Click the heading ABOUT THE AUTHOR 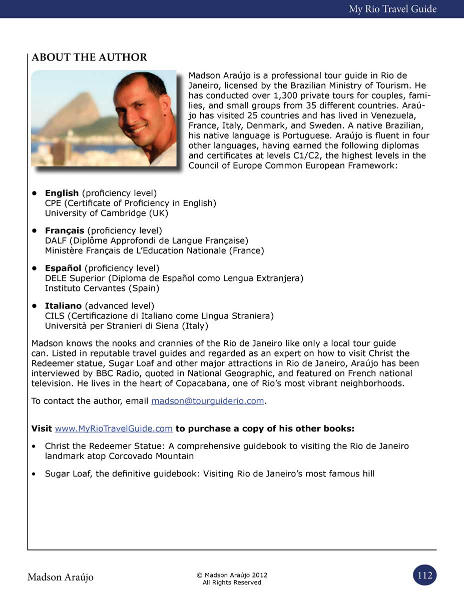click(x=89, y=57)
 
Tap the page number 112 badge click(x=425, y=575)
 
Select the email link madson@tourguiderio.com click(x=207, y=401)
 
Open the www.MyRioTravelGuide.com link click(x=114, y=429)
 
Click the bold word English click(x=62, y=193)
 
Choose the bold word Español click(x=63, y=268)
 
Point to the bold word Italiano click(x=63, y=305)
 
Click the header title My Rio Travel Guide click(x=392, y=9)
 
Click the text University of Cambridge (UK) click(x=107, y=213)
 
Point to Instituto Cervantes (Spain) click(x=102, y=288)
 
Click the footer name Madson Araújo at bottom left click(x=60, y=577)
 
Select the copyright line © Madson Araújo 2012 click(x=232, y=575)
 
